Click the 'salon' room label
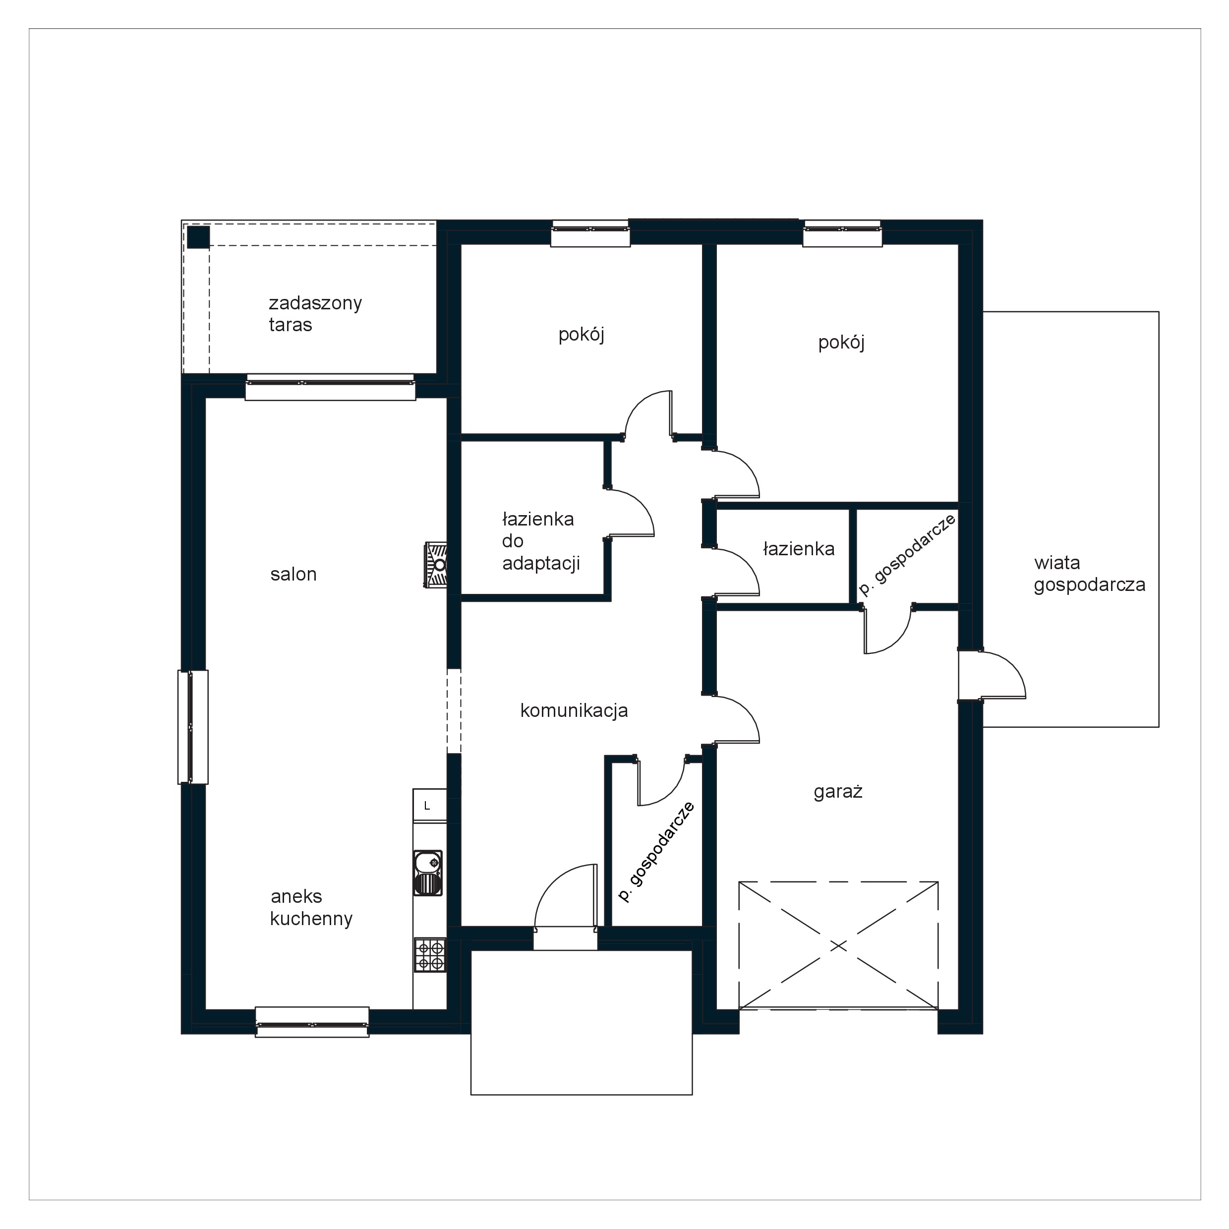293,575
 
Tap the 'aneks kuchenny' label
311,908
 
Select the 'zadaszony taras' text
315,314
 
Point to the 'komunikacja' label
574,710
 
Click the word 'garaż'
838,792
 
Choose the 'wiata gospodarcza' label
1089,574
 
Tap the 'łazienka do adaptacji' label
541,541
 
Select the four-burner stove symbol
430,955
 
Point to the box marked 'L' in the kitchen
429,805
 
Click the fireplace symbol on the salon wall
436,565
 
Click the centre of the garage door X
838,946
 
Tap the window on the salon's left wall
192,727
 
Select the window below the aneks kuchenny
312,1022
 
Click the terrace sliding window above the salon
330,387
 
